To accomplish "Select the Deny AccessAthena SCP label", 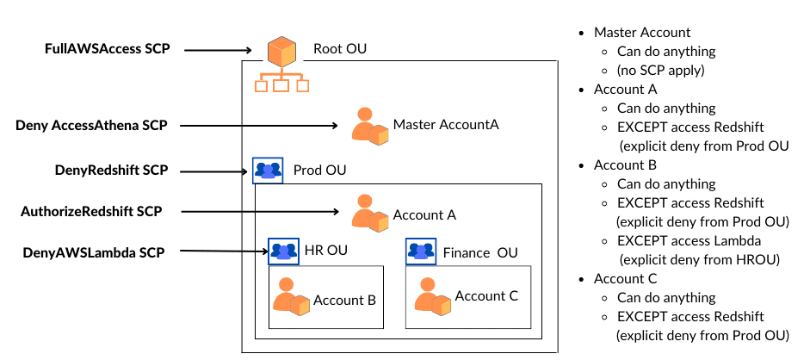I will pyautogui.click(x=90, y=125).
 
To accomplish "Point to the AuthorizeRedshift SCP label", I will pyautogui.click(x=90, y=210).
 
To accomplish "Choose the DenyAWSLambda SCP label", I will pyautogui.click(x=93, y=251).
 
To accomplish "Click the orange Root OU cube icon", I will pyautogui.click(x=281, y=52).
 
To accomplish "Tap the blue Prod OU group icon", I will pyautogui.click(x=267, y=171).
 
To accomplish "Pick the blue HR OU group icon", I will pyautogui.click(x=283, y=251).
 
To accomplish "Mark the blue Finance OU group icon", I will pyautogui.click(x=421, y=251).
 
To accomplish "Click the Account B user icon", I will pyautogui.click(x=291, y=298).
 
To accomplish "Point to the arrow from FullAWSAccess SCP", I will pyautogui.click(x=223, y=50).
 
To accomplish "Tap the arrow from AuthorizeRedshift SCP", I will pyautogui.click(x=259, y=210).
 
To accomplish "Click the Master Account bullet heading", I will pyautogui.click(x=641, y=32).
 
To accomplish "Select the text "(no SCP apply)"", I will pyautogui.click(x=659, y=70).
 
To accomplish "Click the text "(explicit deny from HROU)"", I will pyautogui.click(x=698, y=258).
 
